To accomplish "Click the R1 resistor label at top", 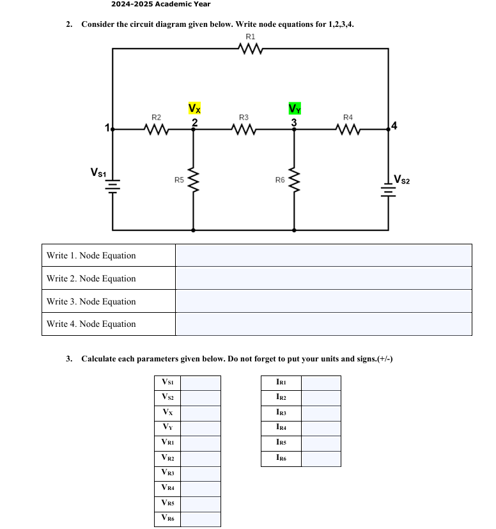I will [x=250, y=36].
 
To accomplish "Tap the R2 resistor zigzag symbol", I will [x=156, y=129].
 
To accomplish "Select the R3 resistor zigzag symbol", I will [x=244, y=129].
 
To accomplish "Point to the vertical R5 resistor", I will [x=193, y=180].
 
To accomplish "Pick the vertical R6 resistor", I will [x=294, y=180].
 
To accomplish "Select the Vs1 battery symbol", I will [x=113, y=184].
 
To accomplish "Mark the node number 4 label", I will [x=394, y=125].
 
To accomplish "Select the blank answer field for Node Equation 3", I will [x=323, y=301].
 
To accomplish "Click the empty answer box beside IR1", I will [x=321, y=383].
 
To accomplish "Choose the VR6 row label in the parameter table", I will [x=168, y=518].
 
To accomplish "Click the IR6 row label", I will [x=281, y=458].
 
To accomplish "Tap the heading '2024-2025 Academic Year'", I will [x=160, y=4].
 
